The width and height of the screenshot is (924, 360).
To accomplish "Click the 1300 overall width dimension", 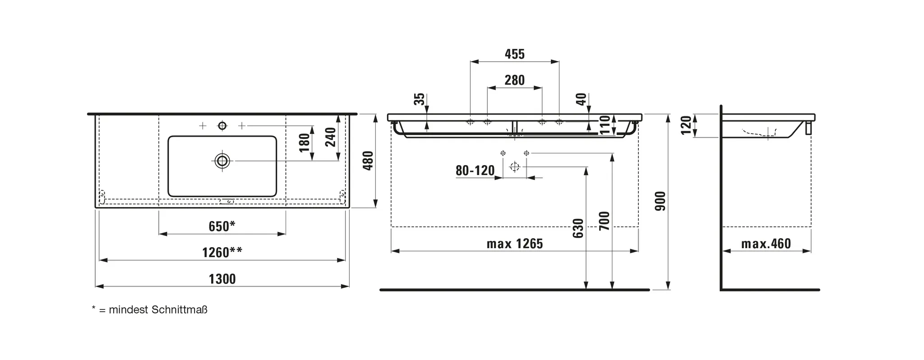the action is [x=222, y=279].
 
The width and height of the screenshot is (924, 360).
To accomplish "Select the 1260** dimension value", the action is [x=222, y=252].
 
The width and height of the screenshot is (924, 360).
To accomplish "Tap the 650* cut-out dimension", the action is [x=222, y=226].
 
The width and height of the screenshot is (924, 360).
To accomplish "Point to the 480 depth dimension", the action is [x=369, y=161].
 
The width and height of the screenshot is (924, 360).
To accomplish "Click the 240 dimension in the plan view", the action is [x=331, y=137].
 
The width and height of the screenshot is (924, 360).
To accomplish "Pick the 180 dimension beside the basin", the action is [x=305, y=143].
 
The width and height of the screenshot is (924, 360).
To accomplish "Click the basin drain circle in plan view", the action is [x=222, y=161].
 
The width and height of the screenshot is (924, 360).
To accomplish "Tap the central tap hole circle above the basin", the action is [x=222, y=125].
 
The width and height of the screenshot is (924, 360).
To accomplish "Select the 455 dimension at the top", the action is [x=515, y=54].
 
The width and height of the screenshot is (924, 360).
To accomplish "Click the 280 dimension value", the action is [x=515, y=80].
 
